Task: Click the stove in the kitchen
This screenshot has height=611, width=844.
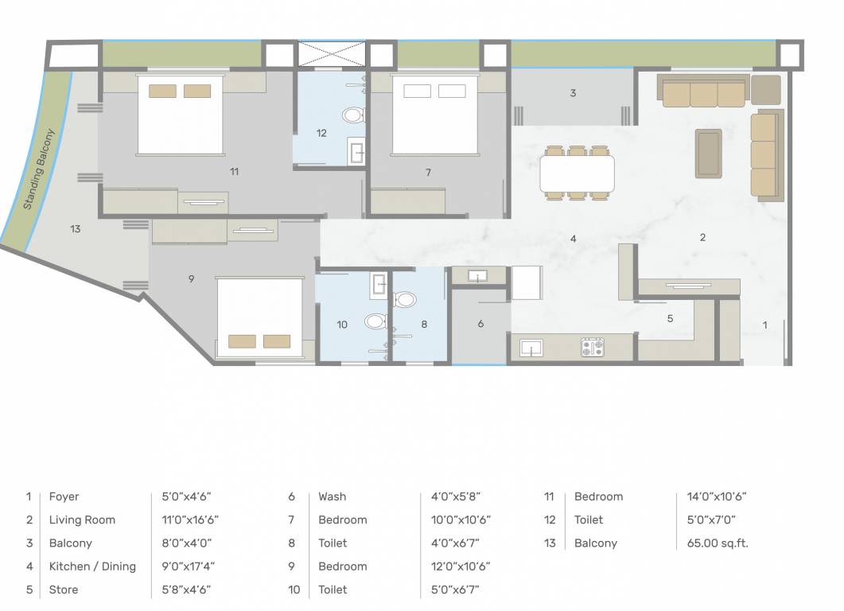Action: (593, 347)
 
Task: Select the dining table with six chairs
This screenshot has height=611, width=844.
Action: (577, 173)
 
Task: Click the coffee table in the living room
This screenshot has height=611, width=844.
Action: (708, 154)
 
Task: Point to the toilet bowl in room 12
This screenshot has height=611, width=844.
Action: (353, 115)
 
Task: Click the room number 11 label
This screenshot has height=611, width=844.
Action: (234, 171)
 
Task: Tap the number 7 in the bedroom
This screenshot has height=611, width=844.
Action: (428, 172)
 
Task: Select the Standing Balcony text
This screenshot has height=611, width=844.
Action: (38, 169)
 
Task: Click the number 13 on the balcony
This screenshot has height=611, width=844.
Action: (76, 229)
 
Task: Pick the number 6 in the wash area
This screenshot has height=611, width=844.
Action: (480, 324)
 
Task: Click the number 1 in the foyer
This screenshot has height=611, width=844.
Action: (765, 325)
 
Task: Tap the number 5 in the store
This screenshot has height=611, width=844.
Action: (670, 318)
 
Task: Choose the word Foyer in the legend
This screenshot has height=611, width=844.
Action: (64, 496)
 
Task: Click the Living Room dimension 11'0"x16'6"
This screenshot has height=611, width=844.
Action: (190, 520)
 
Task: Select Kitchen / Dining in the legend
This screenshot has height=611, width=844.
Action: (92, 566)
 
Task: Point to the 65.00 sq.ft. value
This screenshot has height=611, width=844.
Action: (717, 543)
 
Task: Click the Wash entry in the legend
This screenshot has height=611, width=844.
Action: (333, 496)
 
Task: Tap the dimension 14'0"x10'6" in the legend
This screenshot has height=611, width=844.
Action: (717, 496)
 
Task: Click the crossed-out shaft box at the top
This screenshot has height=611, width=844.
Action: (332, 54)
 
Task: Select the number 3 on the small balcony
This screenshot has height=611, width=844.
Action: (573, 93)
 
